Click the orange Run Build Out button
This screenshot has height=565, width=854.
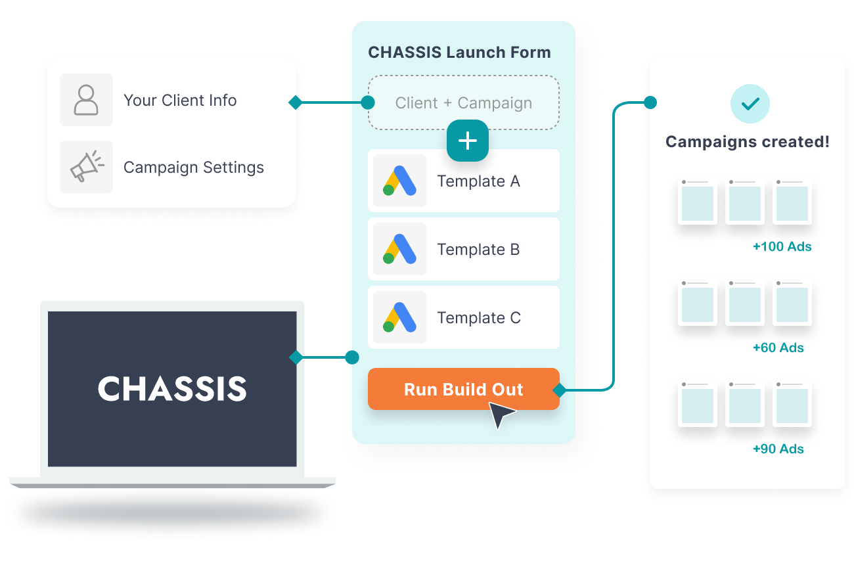pos(463,389)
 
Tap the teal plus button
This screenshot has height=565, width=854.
pos(468,141)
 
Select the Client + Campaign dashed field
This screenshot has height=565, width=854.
pos(463,103)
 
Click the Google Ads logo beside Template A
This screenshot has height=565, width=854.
pos(399,181)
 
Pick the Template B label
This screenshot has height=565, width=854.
pos(478,250)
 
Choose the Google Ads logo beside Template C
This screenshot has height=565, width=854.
pos(399,317)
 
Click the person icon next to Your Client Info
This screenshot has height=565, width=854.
pos(86,100)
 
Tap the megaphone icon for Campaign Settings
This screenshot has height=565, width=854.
pos(86,167)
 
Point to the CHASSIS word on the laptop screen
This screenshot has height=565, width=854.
pos(172,389)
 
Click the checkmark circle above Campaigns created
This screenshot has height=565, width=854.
pos(750,104)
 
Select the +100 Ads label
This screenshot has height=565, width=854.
pos(782,247)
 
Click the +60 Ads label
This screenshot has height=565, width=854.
pos(778,348)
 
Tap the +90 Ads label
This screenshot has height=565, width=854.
pos(778,449)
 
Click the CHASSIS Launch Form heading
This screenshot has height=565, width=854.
pos(459,53)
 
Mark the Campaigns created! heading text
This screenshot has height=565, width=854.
pos(748,142)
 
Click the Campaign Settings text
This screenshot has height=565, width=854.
pos(194,168)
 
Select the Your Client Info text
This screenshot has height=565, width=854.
pos(180,101)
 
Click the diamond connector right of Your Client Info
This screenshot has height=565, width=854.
pos(296,102)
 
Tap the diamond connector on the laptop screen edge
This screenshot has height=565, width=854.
pos(296,357)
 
